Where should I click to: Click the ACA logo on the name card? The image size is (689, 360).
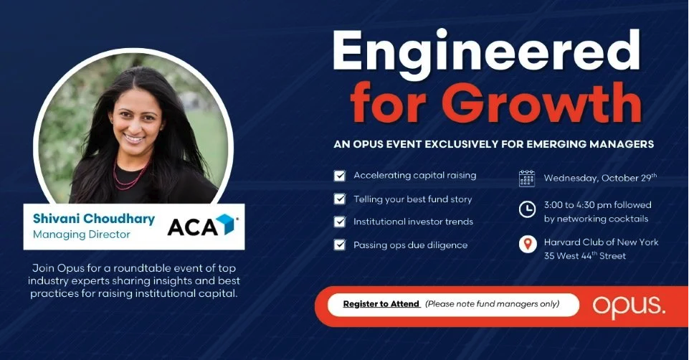[x=203, y=226]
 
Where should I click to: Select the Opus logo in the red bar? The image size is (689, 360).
[x=628, y=307]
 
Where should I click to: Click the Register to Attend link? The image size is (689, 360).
[x=381, y=304]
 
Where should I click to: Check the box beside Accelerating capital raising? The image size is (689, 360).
[x=340, y=176]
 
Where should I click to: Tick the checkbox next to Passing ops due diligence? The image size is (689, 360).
[x=340, y=245]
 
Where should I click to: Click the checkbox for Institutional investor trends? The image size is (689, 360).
[x=340, y=222]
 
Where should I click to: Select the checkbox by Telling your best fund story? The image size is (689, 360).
[x=340, y=199]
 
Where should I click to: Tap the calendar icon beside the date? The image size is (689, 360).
[x=527, y=179]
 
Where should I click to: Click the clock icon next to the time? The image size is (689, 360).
[x=527, y=209]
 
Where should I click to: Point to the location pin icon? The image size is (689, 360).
[x=528, y=244]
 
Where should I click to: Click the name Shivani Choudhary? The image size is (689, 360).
[x=94, y=219]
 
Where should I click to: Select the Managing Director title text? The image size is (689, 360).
[x=82, y=235]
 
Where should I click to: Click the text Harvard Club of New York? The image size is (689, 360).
[x=601, y=242]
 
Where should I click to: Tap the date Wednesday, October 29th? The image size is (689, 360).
[x=600, y=178]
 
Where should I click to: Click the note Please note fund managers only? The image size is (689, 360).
[x=492, y=304]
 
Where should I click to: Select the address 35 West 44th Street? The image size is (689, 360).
[x=585, y=255]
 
